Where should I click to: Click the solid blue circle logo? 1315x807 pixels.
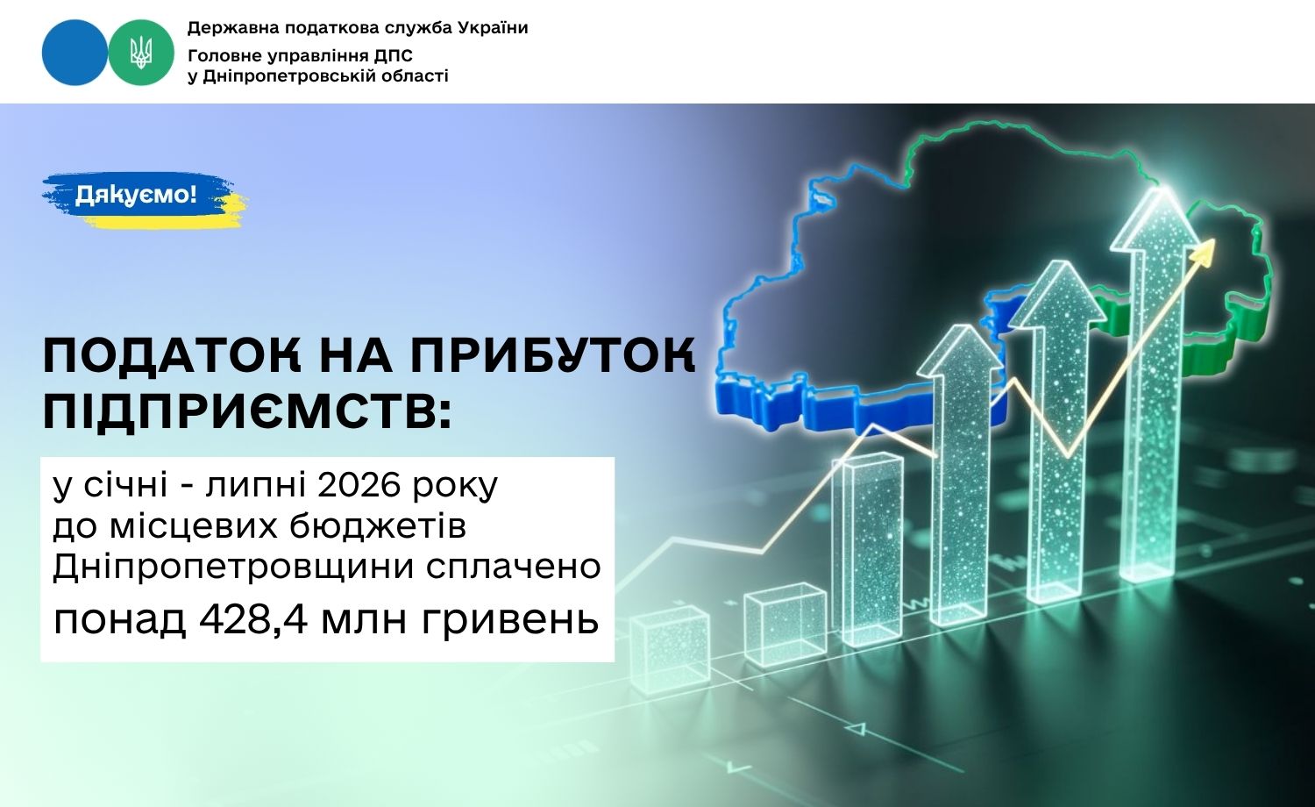75,53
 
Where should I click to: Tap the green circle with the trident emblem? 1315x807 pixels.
141,53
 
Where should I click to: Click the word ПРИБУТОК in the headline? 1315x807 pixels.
551,355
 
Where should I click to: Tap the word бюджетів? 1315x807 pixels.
378,525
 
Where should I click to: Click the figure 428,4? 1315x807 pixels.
252,619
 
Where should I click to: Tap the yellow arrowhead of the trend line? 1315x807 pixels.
1204,250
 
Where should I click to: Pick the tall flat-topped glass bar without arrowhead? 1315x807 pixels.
871,550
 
